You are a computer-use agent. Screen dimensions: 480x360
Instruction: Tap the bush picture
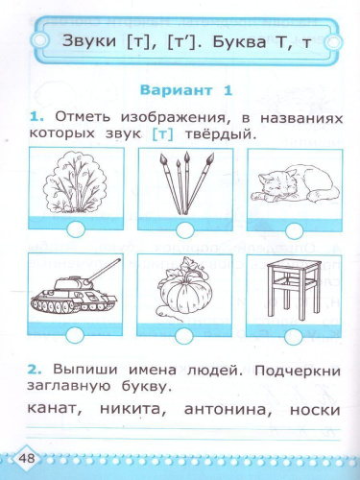(x=76, y=183)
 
